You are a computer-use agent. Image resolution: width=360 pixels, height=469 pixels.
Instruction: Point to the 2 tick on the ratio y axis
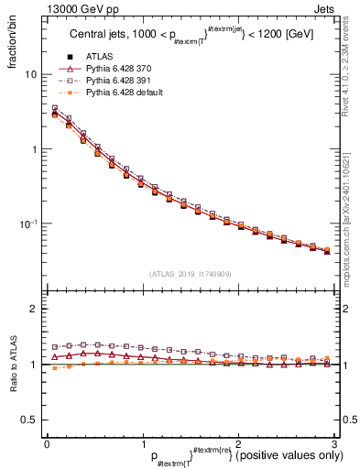pyautogui.click(x=32, y=309)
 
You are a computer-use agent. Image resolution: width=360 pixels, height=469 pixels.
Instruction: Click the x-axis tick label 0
pyautogui.click(x=47, y=444)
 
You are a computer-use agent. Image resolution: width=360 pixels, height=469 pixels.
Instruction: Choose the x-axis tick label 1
pyautogui.click(x=142, y=444)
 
